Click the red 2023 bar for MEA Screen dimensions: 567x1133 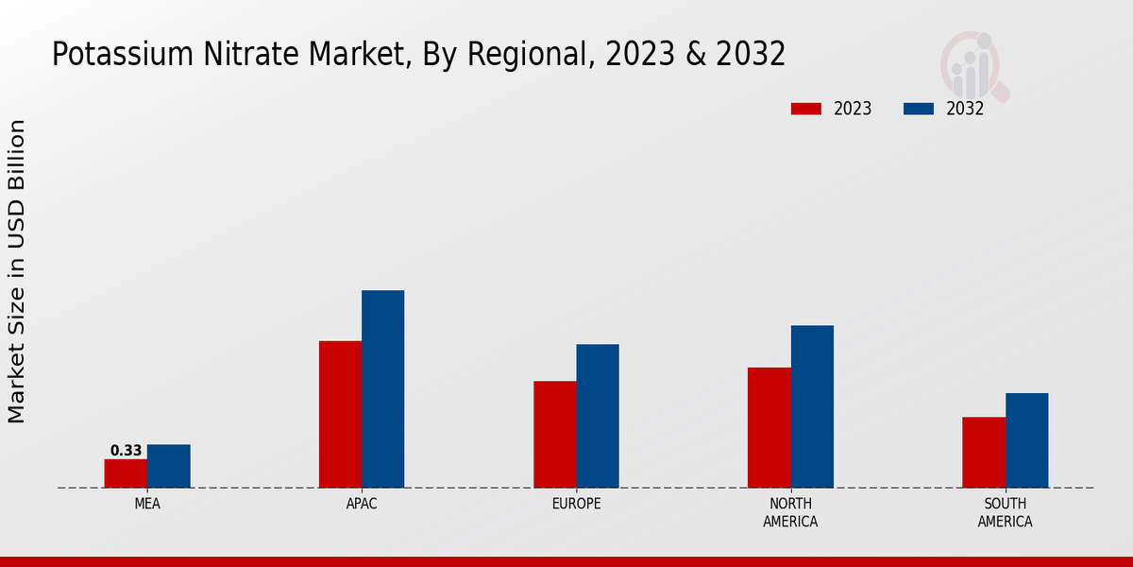tap(126, 473)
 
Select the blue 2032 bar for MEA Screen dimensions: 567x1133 tap(168, 466)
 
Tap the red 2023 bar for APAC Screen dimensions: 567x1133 tap(340, 414)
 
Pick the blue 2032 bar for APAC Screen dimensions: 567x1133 tap(382, 388)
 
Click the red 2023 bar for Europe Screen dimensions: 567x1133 tap(554, 434)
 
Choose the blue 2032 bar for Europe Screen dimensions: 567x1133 tap(598, 416)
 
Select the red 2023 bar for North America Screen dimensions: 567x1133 tap(769, 427)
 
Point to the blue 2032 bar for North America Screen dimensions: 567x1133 tap(812, 406)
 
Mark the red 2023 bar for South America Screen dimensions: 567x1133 tap(983, 452)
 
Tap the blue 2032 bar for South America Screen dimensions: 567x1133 tap(1026, 440)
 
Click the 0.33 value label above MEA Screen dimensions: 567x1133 tap(126, 451)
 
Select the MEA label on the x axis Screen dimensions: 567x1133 tap(147, 504)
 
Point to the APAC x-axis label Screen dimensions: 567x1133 tap(362, 504)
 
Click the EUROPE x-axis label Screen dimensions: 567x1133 tap(576, 504)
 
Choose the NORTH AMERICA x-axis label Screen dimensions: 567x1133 tap(790, 512)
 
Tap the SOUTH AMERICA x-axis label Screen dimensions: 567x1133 tap(1005, 512)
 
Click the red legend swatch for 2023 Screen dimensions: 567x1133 tap(805, 109)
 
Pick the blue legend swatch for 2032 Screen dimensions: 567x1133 tap(918, 109)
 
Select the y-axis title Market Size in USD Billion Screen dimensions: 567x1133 tap(17, 271)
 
